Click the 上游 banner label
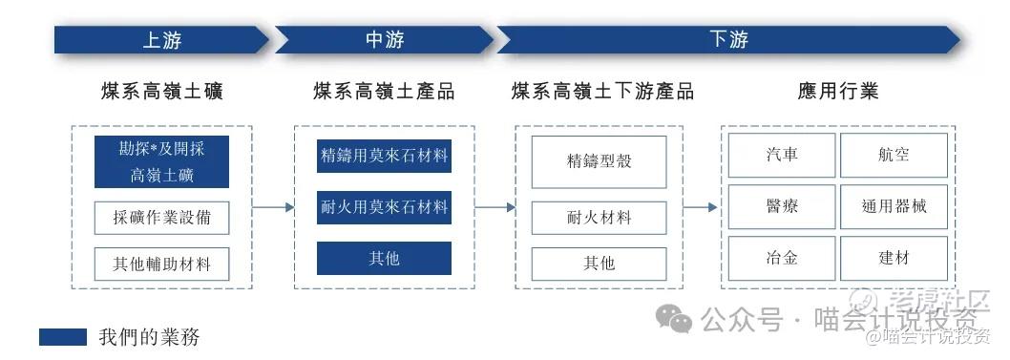[162, 40]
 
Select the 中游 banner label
[385, 40]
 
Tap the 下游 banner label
[729, 40]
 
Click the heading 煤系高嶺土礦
[162, 92]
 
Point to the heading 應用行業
[838, 92]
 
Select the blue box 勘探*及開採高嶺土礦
[161, 161]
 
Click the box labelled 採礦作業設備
[161, 219]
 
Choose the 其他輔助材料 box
[161, 265]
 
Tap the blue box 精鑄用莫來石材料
[384, 156]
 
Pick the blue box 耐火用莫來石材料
[384, 207]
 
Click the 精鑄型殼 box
[600, 161]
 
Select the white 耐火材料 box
[600, 219]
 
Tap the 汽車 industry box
[782, 156]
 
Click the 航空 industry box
[894, 156]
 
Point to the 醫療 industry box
[782, 206]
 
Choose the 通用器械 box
[894, 206]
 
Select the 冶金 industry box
[782, 258]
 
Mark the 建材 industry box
[894, 258]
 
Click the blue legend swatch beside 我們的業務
[62, 337]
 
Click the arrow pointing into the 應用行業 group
[700, 207]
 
